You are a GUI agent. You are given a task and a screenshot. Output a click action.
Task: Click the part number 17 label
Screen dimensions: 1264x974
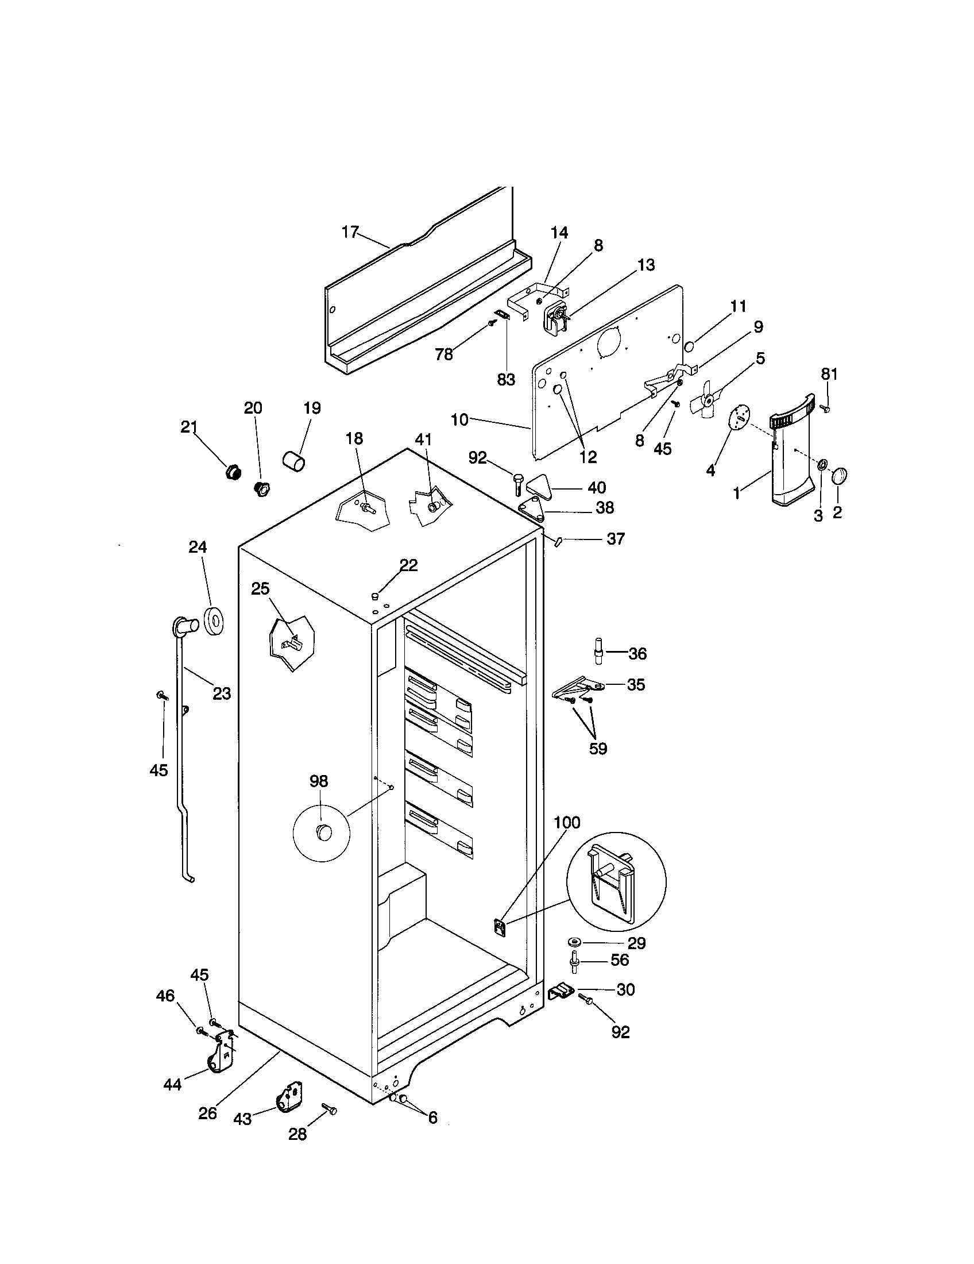pyautogui.click(x=350, y=232)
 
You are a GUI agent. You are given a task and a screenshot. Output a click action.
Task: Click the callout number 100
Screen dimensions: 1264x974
pyautogui.click(x=567, y=822)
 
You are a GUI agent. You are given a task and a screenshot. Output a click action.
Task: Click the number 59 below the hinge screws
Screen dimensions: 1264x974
pyautogui.click(x=598, y=748)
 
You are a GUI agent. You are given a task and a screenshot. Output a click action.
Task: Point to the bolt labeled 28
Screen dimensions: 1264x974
pyautogui.click(x=330, y=1109)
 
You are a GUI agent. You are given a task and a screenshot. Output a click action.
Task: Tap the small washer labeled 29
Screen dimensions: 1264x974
pyautogui.click(x=576, y=942)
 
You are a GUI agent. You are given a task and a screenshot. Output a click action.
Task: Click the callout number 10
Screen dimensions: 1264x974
pyautogui.click(x=459, y=419)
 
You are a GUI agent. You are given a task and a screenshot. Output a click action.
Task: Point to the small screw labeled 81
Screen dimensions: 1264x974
pyautogui.click(x=826, y=409)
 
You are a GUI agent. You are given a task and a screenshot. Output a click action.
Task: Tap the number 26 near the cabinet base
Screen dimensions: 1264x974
pyautogui.click(x=208, y=1113)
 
